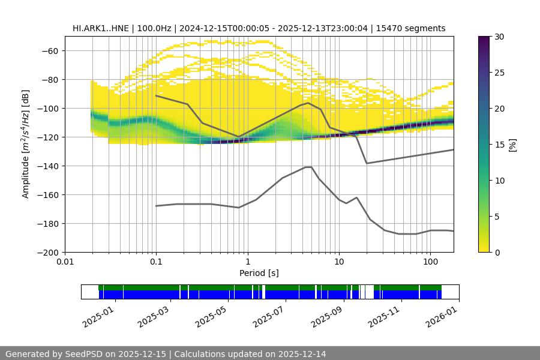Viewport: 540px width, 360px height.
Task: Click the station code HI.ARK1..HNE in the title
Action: pos(98,28)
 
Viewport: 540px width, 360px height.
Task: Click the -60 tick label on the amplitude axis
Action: pos(49,51)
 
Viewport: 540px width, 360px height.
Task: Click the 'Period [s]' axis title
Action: pos(259,274)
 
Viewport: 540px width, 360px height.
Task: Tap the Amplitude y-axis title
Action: pos(26,144)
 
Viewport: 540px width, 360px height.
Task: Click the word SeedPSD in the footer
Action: pos(87,355)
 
